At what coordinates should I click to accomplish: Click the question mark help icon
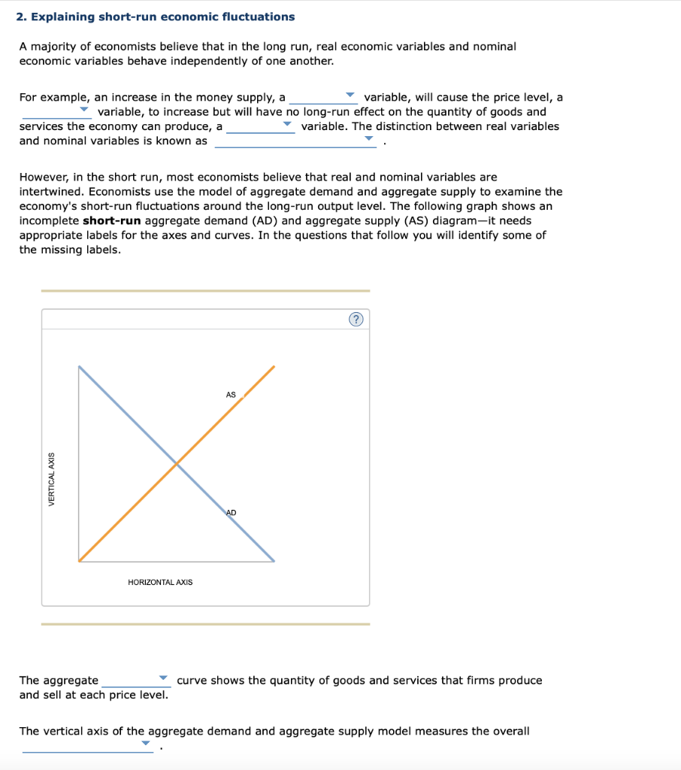tap(356, 320)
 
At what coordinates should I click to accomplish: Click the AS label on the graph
tap(231, 395)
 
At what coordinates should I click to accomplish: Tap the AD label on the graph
tap(231, 512)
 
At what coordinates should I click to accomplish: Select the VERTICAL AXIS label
tap(52, 479)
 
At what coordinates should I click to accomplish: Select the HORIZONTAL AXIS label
tap(160, 582)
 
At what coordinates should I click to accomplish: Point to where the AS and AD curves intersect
tap(177, 464)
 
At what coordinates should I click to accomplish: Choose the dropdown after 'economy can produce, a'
tap(260, 126)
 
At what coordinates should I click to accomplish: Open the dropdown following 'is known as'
tap(295, 141)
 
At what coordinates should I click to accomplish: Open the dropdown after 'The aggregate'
tap(136, 681)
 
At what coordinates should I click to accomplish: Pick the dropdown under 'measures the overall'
tap(88, 745)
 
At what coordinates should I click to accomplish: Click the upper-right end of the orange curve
tap(274, 367)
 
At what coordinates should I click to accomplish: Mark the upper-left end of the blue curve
tap(79, 367)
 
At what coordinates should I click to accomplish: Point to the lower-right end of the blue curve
tap(274, 560)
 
